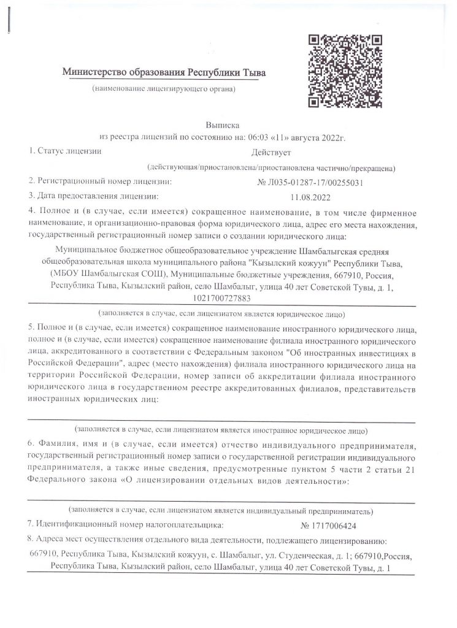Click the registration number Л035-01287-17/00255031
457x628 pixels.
click(x=313, y=182)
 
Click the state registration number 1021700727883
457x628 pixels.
click(x=221, y=299)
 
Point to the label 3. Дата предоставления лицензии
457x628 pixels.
click(x=93, y=197)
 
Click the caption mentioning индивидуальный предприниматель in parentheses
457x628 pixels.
click(x=221, y=510)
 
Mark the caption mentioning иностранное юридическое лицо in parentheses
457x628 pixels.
click(x=221, y=430)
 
